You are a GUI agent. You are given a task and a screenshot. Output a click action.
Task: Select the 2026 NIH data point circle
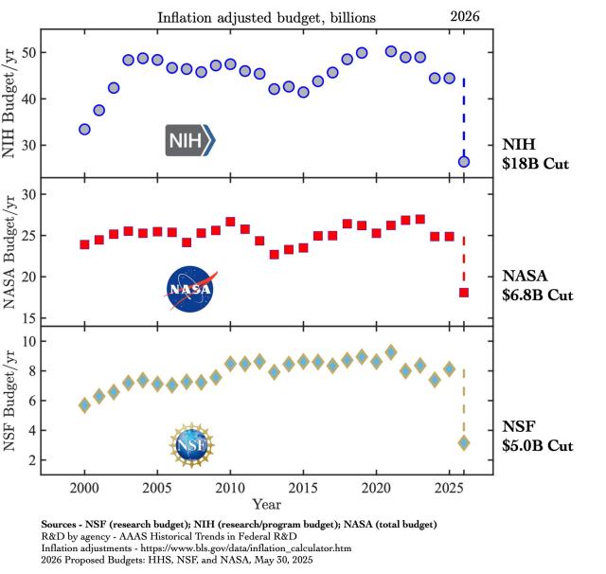[464, 162]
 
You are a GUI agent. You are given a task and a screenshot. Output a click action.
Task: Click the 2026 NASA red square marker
[464, 292]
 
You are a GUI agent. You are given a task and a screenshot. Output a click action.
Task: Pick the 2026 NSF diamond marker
[464, 442]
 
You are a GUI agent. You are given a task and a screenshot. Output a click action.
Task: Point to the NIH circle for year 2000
[84, 129]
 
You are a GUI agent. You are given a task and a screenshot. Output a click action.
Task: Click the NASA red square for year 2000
[84, 244]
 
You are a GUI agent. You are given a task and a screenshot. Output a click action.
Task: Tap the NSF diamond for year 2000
[84, 404]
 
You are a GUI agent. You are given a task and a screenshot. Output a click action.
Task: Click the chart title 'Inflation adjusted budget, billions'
[267, 16]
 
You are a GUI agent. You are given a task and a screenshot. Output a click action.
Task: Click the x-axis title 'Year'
[265, 506]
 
